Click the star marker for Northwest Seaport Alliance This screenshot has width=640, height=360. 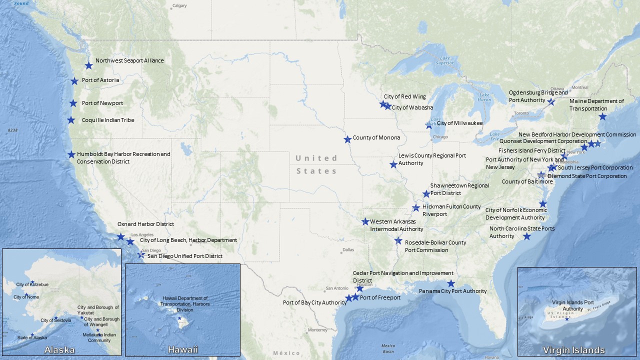click(x=88, y=65)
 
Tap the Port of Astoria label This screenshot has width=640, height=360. click(x=100, y=80)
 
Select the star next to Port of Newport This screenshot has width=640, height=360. click(x=73, y=103)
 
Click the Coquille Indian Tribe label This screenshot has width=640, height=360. click(x=108, y=120)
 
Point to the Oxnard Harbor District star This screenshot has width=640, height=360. click(x=120, y=236)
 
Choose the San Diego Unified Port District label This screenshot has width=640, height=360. click(x=185, y=256)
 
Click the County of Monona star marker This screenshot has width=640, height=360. click(x=347, y=139)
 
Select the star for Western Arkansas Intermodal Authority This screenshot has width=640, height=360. click(x=365, y=221)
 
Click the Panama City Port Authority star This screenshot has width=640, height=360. click(x=451, y=283)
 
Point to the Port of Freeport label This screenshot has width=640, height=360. click(x=380, y=297)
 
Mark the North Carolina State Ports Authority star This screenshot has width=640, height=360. click(x=527, y=236)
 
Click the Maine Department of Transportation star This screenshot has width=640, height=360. click(x=602, y=116)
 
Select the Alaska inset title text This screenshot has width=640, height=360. click(x=59, y=349)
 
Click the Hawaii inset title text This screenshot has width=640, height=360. click(x=182, y=349)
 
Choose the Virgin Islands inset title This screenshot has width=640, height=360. click(x=573, y=350)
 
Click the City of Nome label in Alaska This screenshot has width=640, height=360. click(x=26, y=297)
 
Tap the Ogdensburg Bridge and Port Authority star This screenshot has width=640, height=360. click(x=551, y=101)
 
